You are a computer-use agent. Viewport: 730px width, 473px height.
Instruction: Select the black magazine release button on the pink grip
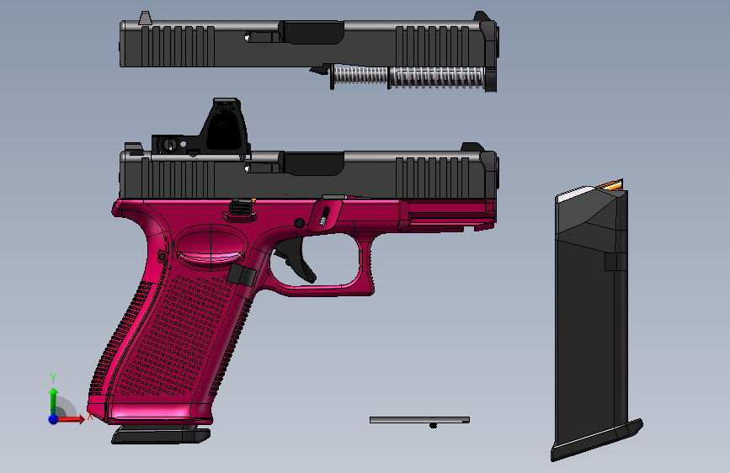click(x=242, y=275)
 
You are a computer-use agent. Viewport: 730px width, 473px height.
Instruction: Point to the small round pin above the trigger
click(x=299, y=222)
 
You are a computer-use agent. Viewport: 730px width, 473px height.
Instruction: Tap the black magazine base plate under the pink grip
click(x=161, y=435)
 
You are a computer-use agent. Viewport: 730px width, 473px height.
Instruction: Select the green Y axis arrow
click(x=53, y=396)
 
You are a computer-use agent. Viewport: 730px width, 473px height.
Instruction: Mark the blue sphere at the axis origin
click(x=53, y=418)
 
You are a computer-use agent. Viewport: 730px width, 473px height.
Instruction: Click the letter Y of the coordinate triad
click(x=52, y=378)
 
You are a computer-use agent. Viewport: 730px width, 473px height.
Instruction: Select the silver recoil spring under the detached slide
click(x=408, y=77)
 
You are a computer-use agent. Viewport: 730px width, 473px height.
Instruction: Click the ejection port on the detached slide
click(x=314, y=32)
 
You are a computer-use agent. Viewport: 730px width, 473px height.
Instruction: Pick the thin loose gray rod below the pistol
click(x=419, y=419)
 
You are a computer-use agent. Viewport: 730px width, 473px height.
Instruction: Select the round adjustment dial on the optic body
click(x=169, y=144)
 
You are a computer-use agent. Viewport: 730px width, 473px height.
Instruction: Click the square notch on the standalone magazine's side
click(x=615, y=262)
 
